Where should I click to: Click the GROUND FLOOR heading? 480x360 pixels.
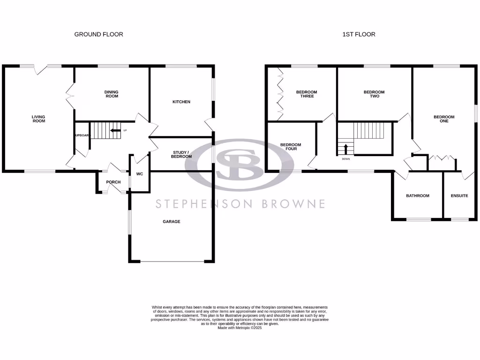pos(98,34)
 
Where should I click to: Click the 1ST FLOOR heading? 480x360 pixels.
pos(359,34)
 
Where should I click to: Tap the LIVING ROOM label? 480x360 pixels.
pos(38,119)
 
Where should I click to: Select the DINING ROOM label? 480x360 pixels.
pos(111,94)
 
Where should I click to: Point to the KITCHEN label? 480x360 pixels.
pos(181,102)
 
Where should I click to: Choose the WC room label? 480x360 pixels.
pos(139,174)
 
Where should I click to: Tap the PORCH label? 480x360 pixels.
pos(113,182)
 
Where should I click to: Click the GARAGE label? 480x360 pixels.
pos(171,222)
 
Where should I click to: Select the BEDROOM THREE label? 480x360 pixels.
pos(307,94)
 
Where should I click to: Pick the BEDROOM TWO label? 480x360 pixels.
pos(374,94)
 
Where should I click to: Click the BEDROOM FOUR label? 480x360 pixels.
pos(291,147)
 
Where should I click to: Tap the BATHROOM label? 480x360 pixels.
pos(417,195)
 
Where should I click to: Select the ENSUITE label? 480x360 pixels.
pos(459,195)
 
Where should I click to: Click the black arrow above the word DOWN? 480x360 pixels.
pos(346,149)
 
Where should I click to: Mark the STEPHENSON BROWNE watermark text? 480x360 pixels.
pos(240,203)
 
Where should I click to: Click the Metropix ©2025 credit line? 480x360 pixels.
pos(240,328)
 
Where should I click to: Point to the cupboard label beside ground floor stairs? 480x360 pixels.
pos(82,135)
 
